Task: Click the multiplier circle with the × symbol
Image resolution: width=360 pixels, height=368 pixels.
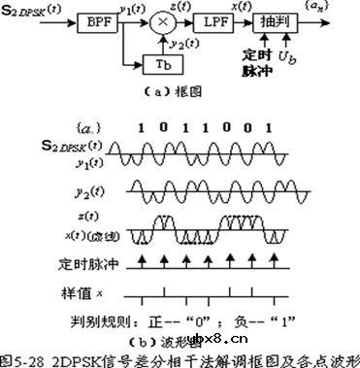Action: tap(163, 21)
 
